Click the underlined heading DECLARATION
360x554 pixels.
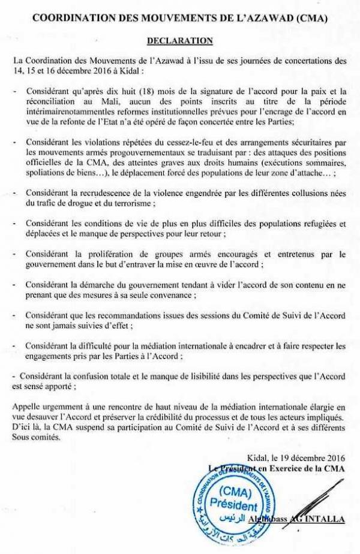coord(179,41)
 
